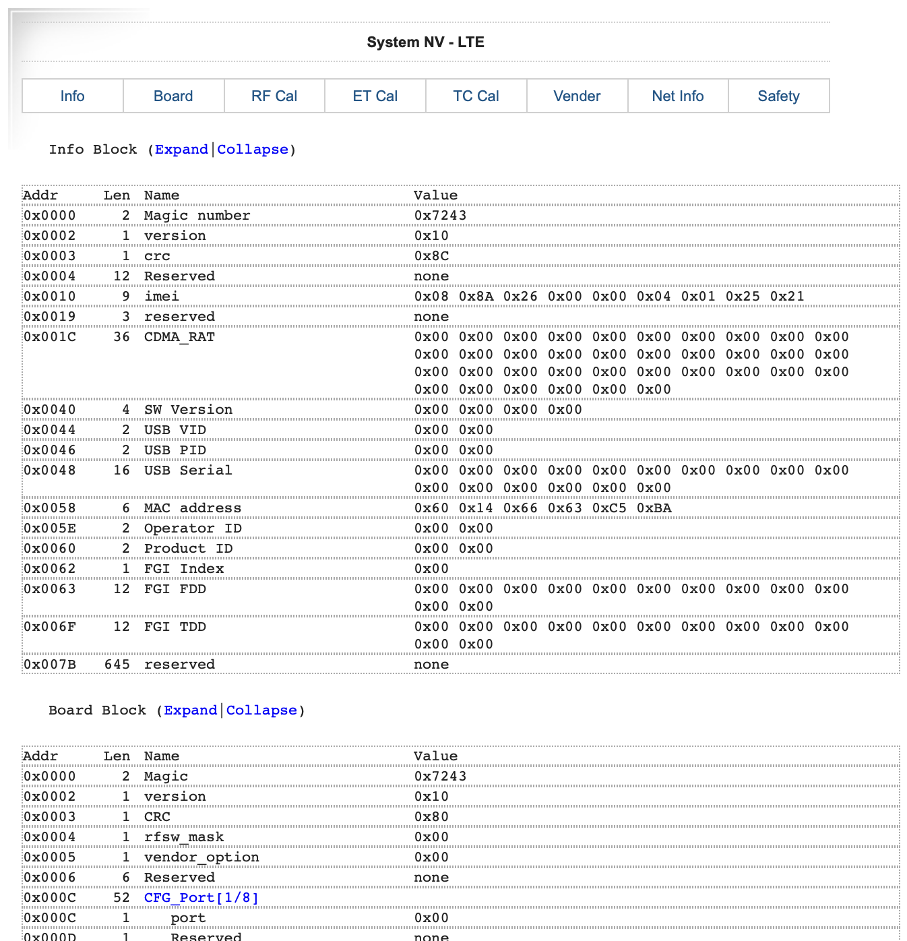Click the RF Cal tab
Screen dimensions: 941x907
point(274,96)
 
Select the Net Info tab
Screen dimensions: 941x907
point(677,96)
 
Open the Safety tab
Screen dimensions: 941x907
point(778,96)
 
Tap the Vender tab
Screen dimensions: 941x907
point(577,96)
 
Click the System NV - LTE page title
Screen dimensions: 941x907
point(425,42)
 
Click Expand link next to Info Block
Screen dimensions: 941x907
point(181,149)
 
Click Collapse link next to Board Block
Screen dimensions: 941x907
point(261,710)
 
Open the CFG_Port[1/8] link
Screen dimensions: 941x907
point(201,897)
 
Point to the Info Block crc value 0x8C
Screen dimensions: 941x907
point(431,255)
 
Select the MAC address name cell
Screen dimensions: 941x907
point(192,508)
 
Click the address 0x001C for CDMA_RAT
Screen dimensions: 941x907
point(49,336)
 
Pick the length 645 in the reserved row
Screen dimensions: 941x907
point(117,664)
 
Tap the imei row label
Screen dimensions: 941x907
point(161,296)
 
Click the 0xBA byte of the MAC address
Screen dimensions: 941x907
point(654,508)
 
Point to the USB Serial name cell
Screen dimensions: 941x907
point(187,470)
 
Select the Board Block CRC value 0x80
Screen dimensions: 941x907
point(431,816)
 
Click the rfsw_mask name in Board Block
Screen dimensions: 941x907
point(183,837)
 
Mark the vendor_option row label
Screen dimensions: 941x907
point(201,857)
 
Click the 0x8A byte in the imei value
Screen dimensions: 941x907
point(476,296)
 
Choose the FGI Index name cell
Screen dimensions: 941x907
point(183,568)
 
